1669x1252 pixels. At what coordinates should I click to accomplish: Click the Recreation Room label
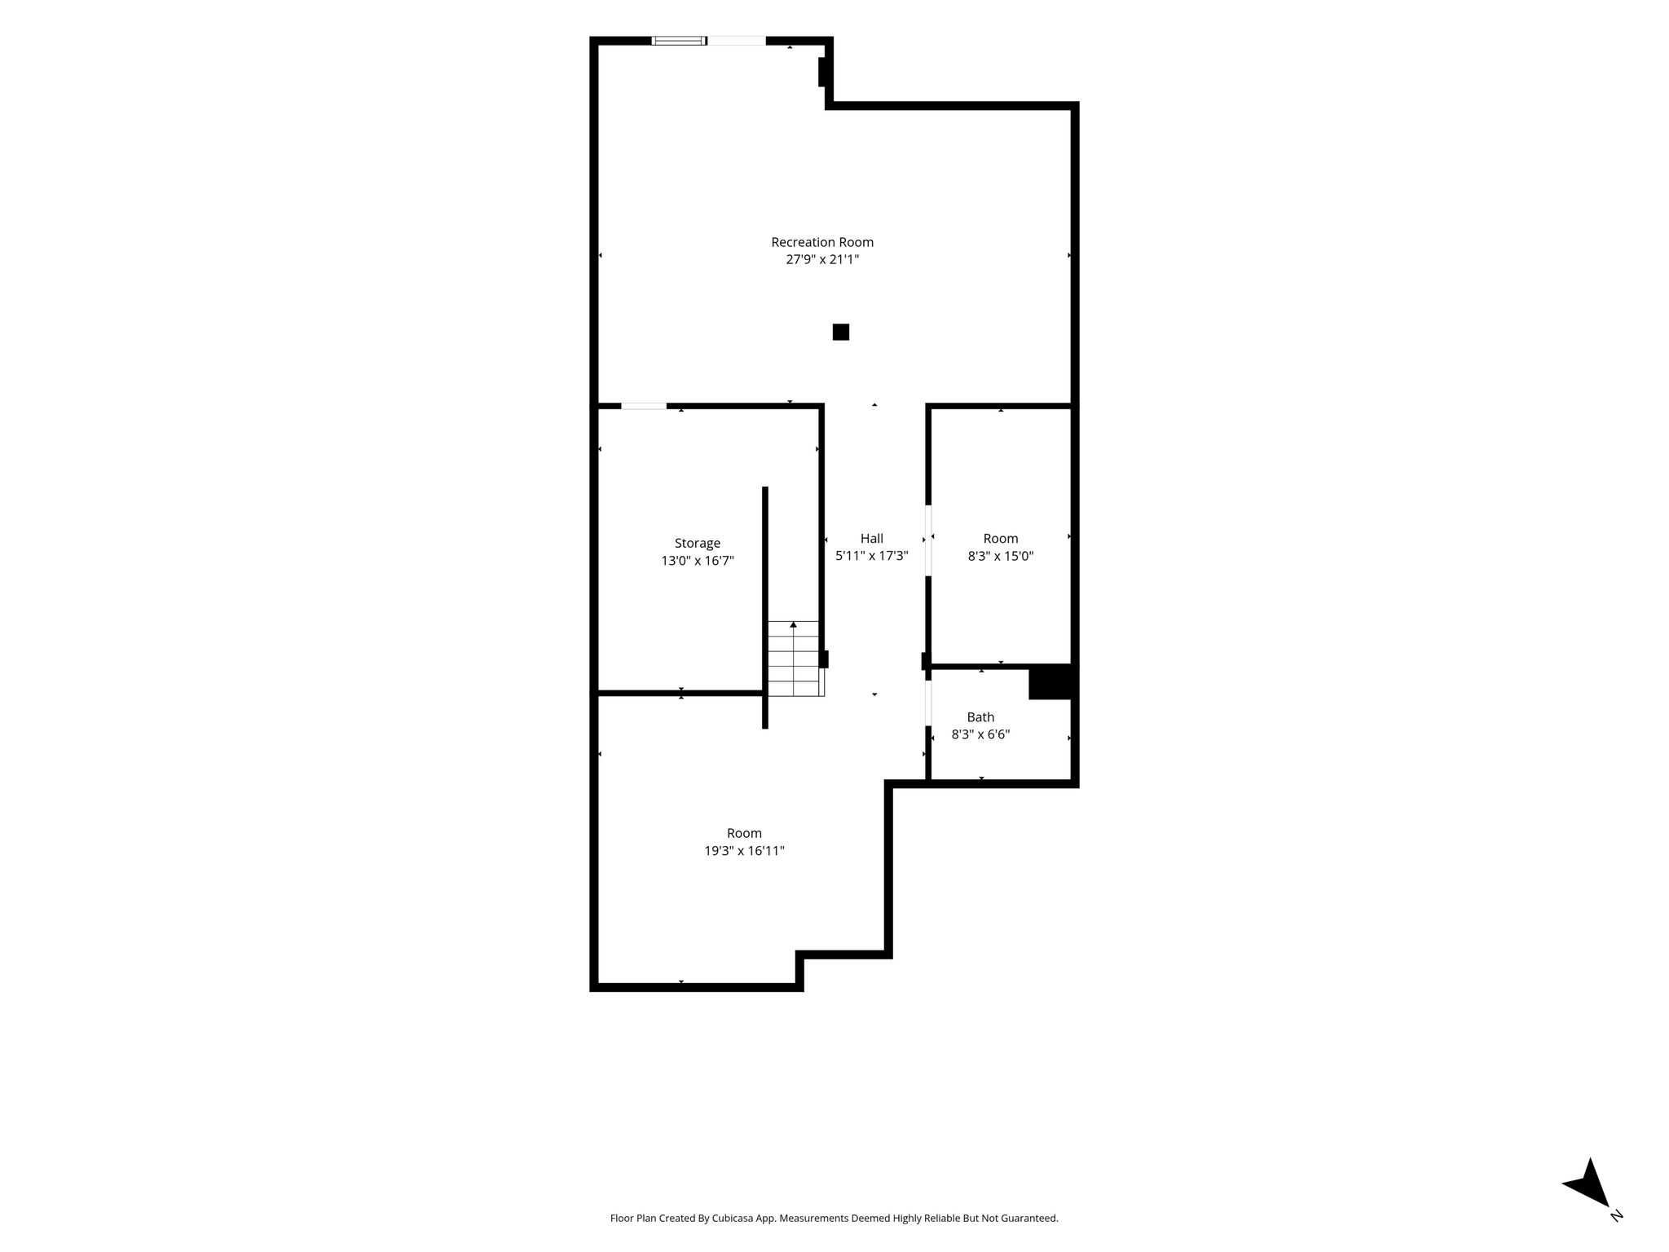(x=822, y=242)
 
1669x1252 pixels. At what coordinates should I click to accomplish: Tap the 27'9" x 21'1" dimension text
(x=822, y=260)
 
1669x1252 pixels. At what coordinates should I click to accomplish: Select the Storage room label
(x=698, y=544)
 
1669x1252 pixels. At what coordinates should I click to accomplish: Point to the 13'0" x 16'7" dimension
(x=698, y=561)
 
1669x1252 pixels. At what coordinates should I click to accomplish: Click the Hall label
(x=872, y=539)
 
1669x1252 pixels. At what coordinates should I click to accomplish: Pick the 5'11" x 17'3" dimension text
(x=872, y=556)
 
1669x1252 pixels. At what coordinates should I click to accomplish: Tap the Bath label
(x=980, y=717)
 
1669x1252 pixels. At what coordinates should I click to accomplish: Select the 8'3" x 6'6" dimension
(x=980, y=734)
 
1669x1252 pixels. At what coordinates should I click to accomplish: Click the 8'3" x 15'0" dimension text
(x=1001, y=556)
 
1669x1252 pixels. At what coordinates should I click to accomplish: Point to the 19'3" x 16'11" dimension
(x=745, y=851)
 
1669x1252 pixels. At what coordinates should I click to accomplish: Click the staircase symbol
(x=795, y=659)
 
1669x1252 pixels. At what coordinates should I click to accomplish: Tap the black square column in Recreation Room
(x=841, y=333)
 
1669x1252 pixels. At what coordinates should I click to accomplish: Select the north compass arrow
(x=1588, y=1184)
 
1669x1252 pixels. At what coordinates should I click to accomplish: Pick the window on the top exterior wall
(x=679, y=41)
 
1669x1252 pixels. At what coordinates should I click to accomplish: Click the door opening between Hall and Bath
(x=928, y=703)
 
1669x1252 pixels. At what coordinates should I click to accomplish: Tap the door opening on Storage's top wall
(x=644, y=405)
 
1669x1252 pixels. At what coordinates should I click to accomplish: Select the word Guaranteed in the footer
(x=1029, y=1219)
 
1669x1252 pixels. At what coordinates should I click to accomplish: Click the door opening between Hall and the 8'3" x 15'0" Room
(x=928, y=541)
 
